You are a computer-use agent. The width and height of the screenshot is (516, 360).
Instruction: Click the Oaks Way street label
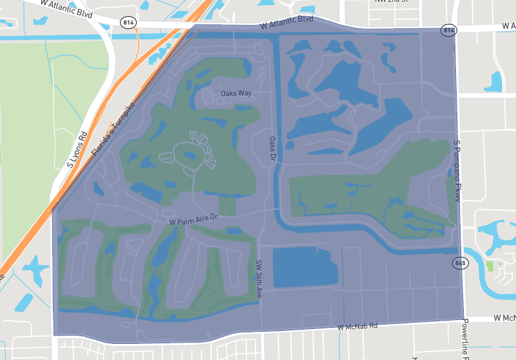(235, 94)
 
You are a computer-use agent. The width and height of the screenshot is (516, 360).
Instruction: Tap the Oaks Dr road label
(272, 149)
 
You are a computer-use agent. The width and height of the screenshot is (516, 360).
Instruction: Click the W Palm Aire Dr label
(194, 221)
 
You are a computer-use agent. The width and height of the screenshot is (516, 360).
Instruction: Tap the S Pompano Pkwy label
(457, 171)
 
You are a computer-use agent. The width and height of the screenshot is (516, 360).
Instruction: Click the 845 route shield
(460, 263)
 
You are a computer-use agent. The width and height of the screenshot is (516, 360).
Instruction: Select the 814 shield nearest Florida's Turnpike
(128, 23)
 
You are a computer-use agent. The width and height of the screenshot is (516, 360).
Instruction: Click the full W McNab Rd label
(358, 328)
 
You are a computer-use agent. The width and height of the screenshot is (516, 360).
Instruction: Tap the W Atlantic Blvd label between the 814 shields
(287, 23)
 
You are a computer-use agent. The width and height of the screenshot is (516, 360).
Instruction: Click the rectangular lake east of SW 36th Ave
(305, 266)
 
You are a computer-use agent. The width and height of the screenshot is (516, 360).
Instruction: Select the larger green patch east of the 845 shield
(493, 266)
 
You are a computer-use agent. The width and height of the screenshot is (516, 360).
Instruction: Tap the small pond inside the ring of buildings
(191, 155)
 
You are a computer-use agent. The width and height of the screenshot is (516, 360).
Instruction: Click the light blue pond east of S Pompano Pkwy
(493, 81)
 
